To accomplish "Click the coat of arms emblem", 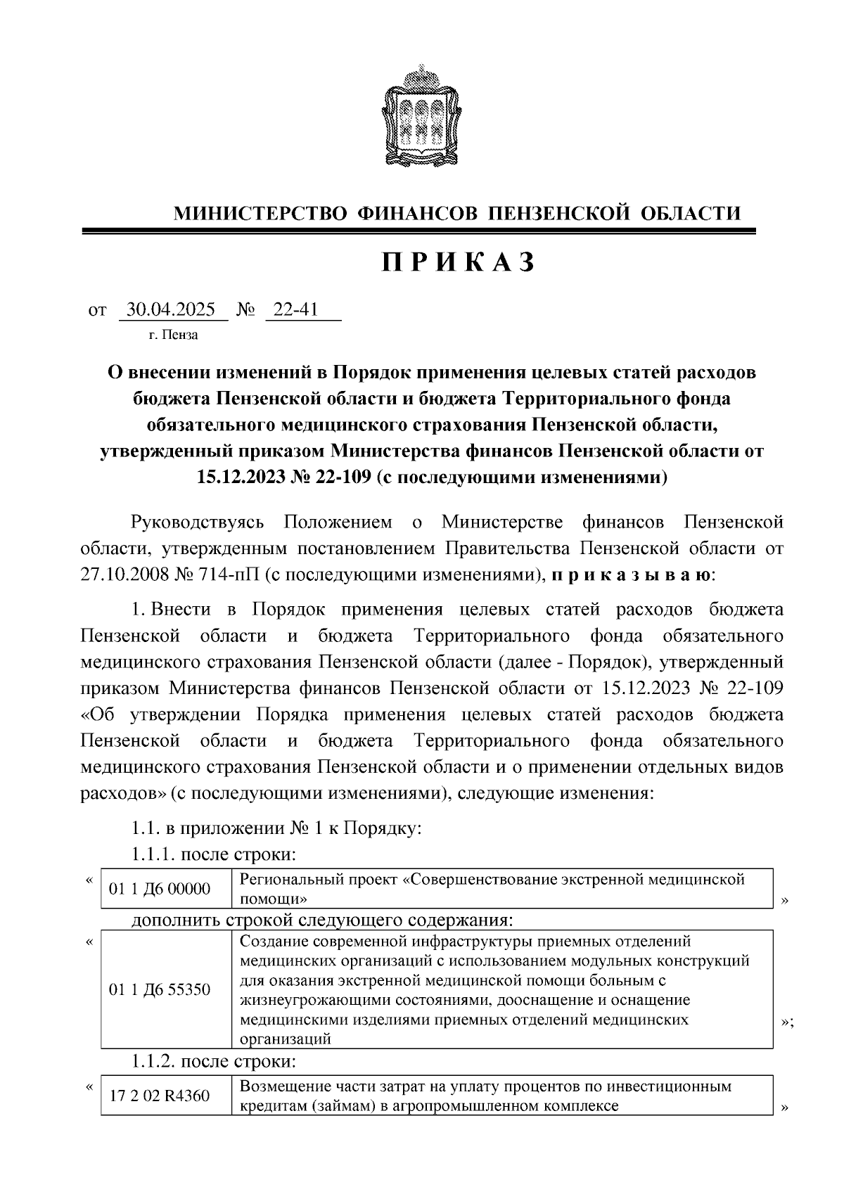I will (421, 114).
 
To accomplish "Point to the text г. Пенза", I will (174, 335).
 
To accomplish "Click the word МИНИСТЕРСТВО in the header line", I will (260, 213).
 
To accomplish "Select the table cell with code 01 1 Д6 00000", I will (160, 889).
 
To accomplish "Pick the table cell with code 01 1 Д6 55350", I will (160, 990).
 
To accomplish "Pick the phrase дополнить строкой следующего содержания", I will (321, 920).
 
